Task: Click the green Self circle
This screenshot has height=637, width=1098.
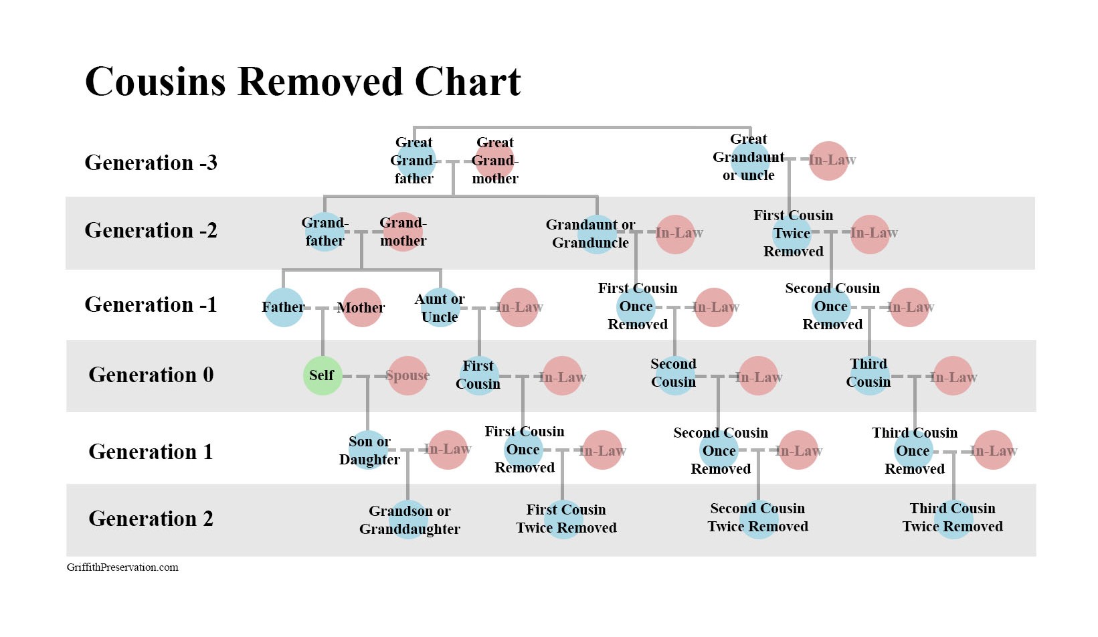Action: coord(322,376)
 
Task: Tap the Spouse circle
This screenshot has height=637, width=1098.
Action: coord(407,376)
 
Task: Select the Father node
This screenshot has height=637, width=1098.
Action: coord(283,307)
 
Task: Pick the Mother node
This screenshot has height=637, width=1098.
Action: coord(362,307)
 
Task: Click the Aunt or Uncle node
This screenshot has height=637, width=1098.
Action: coord(440,307)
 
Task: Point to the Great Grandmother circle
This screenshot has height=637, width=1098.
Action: coord(495,161)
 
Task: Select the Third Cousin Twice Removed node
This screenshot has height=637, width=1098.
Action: coord(953,519)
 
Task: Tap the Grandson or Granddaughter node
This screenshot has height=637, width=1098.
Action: coord(408,519)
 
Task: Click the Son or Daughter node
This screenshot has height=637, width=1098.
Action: coord(369,450)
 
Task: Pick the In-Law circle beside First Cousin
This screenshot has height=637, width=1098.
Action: coord(562,376)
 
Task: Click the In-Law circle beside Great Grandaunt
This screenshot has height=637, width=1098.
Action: coord(828,161)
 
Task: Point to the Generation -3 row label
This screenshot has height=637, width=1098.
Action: coord(151,163)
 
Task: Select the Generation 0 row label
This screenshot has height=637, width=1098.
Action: coord(151,375)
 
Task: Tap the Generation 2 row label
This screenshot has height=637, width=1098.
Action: coord(151,519)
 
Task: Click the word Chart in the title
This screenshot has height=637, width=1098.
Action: coord(468,82)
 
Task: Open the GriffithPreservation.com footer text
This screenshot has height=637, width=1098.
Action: coord(122,567)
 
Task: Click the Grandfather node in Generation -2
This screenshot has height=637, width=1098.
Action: coord(325,232)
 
